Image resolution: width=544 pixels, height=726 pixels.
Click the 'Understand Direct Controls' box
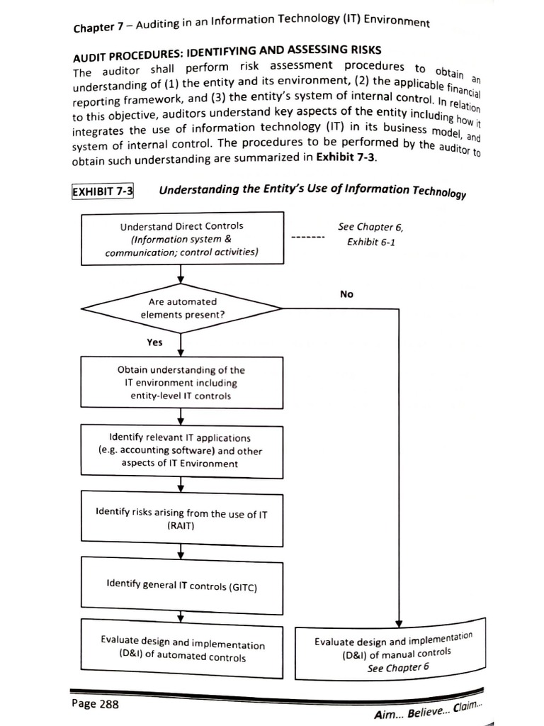(182, 239)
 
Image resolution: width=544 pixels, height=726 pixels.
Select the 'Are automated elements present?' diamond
(182, 308)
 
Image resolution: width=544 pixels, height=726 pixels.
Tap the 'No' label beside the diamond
(346, 294)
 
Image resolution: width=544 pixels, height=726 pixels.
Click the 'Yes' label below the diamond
(154, 342)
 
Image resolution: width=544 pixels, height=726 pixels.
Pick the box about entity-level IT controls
(182, 383)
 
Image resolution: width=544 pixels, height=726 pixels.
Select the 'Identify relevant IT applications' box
(182, 451)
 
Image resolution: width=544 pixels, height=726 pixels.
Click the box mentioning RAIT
(182, 520)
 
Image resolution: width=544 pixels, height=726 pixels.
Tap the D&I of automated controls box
(182, 650)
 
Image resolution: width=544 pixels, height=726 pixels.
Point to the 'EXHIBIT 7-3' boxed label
(103, 191)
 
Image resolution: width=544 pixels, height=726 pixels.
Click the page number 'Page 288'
(95, 704)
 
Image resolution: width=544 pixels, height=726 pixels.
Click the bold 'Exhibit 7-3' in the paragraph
(346, 157)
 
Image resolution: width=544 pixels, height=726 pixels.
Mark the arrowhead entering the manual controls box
(399, 622)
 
